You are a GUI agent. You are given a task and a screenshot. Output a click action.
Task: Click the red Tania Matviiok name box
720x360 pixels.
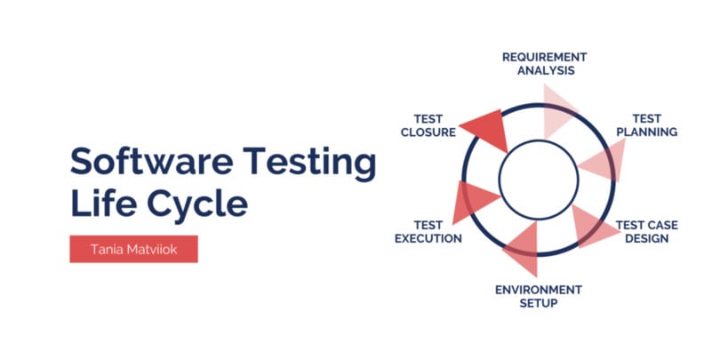tap(133, 249)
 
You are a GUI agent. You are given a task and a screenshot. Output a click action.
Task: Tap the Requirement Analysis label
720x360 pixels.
tap(545, 64)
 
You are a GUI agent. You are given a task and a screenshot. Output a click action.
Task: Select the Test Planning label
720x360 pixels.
tap(646, 125)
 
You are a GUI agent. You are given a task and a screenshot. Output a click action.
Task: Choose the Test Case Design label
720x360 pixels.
tap(646, 232)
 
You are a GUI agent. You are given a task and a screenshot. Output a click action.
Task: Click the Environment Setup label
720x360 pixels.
tap(539, 297)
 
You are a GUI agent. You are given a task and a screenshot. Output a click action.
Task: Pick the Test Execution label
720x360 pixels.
tap(428, 232)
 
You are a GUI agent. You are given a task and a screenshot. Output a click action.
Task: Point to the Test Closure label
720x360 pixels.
tap(428, 125)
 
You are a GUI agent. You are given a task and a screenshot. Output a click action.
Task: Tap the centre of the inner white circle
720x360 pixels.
tap(539, 180)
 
